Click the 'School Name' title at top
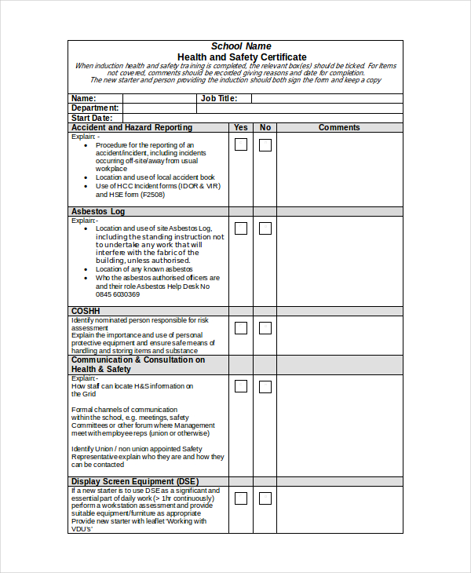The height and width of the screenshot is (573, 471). [241, 46]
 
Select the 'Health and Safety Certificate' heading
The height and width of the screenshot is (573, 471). [242, 57]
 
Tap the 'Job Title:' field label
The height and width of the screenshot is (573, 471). [219, 98]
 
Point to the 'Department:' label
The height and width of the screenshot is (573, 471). [95, 108]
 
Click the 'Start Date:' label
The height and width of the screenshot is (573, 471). [92, 118]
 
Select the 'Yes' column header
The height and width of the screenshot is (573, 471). [241, 127]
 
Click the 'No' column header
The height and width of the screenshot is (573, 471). [265, 127]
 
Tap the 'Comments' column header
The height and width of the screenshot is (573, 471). [339, 127]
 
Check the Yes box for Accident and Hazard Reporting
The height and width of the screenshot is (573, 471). [241, 144]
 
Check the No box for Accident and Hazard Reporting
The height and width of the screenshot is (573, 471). [265, 145]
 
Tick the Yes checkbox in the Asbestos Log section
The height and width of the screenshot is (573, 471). [241, 228]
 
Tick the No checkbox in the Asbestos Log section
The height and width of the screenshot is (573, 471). [265, 228]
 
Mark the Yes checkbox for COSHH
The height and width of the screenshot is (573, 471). [241, 327]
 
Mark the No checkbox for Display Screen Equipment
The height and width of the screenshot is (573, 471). [265, 498]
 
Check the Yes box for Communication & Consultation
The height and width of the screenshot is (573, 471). [241, 386]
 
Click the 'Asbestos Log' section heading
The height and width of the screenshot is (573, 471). [98, 211]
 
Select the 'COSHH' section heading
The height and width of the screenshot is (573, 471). [86, 311]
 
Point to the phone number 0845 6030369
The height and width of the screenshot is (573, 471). [118, 294]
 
